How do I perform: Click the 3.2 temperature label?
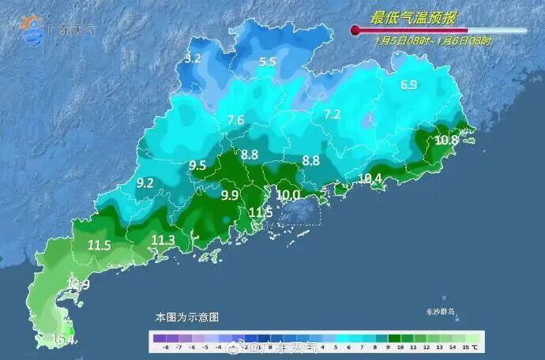(x=194, y=58)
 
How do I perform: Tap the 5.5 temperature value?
(x=268, y=62)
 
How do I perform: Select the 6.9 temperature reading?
(x=408, y=85)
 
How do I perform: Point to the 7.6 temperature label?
(x=235, y=120)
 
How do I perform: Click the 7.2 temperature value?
(x=332, y=114)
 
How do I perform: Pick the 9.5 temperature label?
(x=197, y=165)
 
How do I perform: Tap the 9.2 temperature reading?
(x=145, y=182)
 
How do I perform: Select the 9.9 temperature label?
(x=230, y=195)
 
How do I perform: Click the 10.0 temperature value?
(x=288, y=195)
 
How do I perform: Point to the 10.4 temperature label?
(x=370, y=179)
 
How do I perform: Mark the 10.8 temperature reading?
(x=446, y=141)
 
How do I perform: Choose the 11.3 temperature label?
(x=163, y=240)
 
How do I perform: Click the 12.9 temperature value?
(x=79, y=284)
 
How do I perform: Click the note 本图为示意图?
(x=187, y=317)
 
